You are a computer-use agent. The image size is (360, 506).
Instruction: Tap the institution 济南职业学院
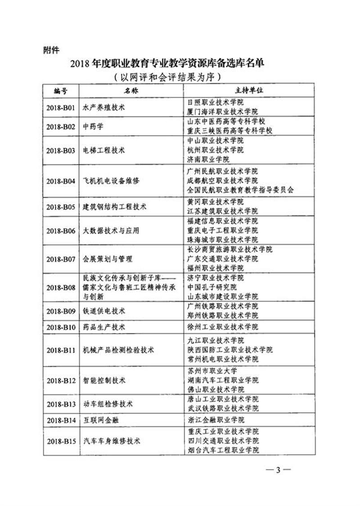coord(208,159)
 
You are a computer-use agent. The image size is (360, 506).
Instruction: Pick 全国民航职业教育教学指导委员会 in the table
coord(240,190)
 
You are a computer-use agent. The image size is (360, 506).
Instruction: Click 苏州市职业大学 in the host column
coord(211,371)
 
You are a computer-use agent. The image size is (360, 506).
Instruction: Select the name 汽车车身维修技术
coord(112,441)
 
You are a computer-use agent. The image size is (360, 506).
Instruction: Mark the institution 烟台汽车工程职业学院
coord(222,450)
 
